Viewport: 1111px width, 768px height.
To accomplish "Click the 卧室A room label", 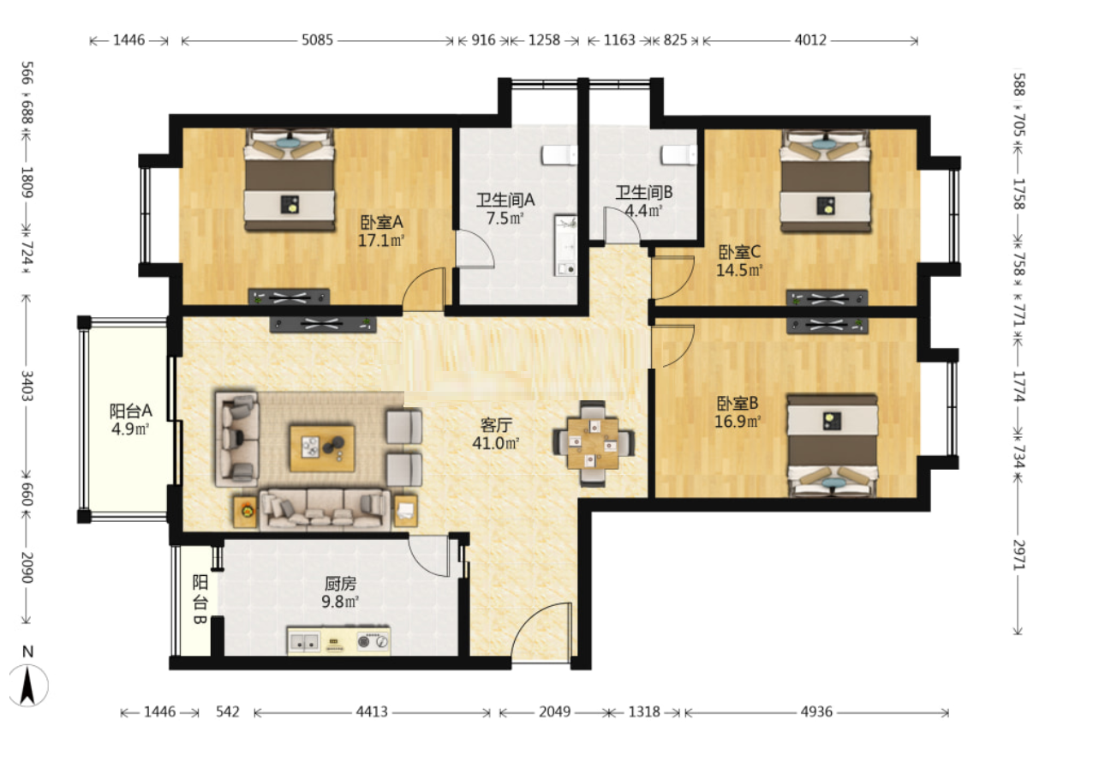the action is (381, 222).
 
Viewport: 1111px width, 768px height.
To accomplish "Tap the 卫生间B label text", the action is (644, 192).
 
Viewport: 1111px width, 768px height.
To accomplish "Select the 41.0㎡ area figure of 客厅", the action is (495, 443).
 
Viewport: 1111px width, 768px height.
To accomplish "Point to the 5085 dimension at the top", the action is (318, 39).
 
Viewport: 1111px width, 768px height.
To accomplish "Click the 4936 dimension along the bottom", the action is (816, 712).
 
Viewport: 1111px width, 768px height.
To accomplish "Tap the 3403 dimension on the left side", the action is (27, 386).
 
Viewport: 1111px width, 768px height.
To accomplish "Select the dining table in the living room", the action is (594, 443).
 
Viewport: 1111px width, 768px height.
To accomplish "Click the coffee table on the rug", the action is (322, 447).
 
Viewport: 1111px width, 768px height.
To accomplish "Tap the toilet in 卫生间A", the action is (559, 155).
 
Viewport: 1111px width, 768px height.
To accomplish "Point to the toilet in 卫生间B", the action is (679, 154).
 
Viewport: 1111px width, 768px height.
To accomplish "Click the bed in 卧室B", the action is (832, 446).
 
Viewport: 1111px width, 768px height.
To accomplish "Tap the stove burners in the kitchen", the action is (373, 641).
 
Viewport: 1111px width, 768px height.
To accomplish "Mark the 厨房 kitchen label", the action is (340, 584).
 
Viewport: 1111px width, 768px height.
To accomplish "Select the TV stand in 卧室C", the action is (827, 298).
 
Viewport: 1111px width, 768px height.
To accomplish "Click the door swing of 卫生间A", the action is (475, 249).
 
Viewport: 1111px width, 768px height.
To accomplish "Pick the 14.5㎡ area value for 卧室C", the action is (739, 270).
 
